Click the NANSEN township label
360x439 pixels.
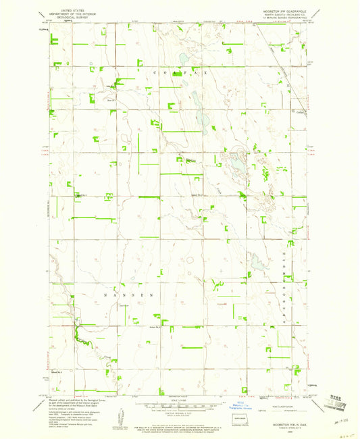pyautogui.click(x=131, y=295)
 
